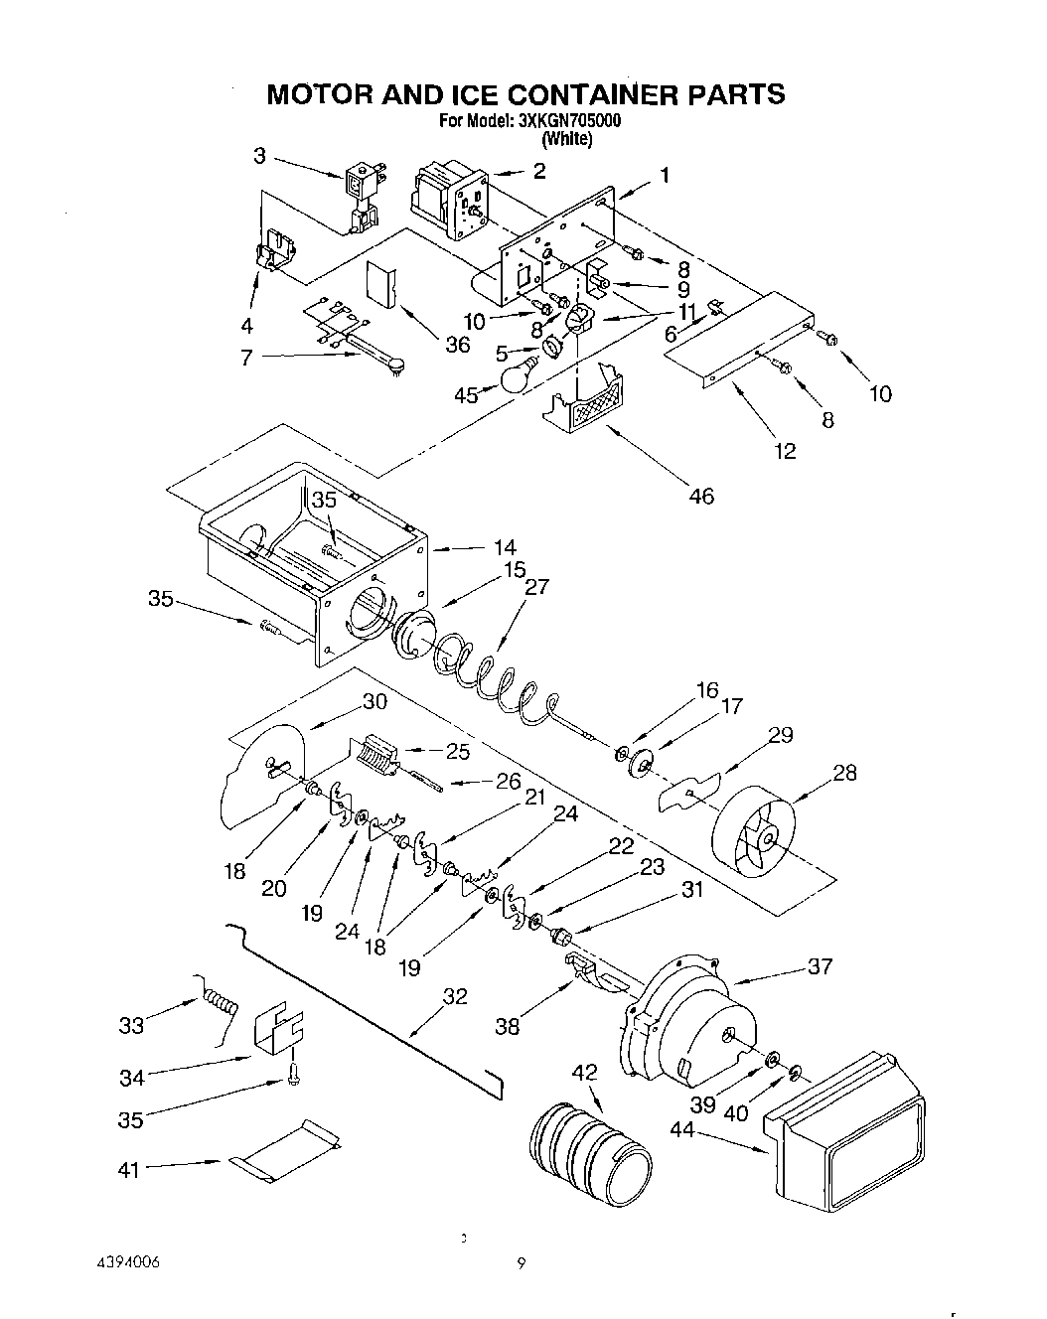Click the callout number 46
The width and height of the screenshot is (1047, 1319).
700,496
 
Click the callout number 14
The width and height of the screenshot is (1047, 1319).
504,547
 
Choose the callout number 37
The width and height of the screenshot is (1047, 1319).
820,966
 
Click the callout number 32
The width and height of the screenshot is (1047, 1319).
454,996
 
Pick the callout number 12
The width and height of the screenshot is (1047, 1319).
785,451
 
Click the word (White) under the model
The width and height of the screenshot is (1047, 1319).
569,140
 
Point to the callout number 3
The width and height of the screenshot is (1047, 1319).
259,155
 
